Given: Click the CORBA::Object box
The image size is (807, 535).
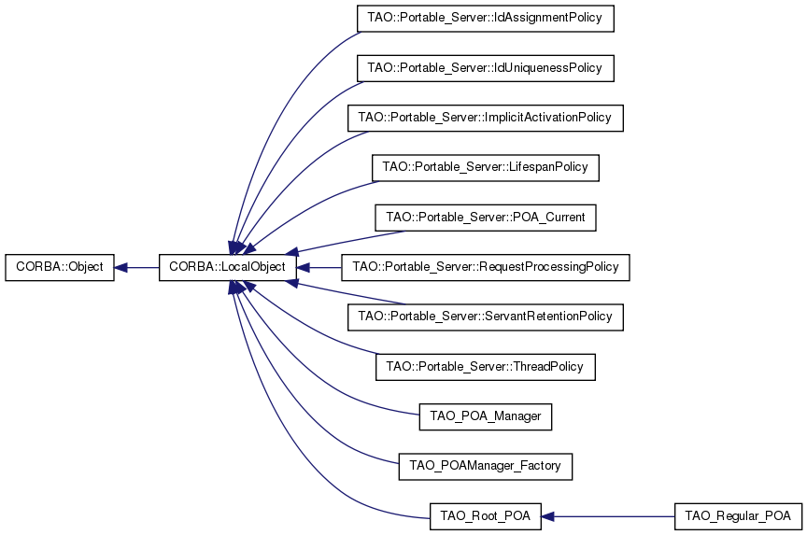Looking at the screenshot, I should (60, 267).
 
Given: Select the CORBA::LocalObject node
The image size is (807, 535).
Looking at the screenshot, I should (228, 267).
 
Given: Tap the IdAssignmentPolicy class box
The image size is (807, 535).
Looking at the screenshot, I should (485, 19).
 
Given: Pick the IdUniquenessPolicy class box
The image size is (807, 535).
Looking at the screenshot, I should (485, 68).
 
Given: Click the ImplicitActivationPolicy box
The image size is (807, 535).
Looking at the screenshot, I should (485, 118).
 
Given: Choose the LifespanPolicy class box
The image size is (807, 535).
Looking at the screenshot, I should (485, 167).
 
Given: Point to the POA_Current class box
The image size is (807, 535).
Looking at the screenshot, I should (485, 217).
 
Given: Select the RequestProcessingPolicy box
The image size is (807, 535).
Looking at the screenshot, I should (486, 267).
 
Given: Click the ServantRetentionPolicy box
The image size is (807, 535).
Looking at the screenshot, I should (485, 317).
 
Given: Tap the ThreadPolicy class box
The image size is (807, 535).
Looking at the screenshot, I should (485, 366).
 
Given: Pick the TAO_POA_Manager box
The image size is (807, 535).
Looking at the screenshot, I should (485, 415).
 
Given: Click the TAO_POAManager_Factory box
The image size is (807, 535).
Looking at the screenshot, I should (485, 465).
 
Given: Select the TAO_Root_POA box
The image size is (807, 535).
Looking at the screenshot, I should (485, 515).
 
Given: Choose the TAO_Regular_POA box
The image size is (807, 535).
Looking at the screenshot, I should (737, 515).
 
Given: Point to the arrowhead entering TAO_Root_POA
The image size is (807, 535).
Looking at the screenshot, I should (548, 515).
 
